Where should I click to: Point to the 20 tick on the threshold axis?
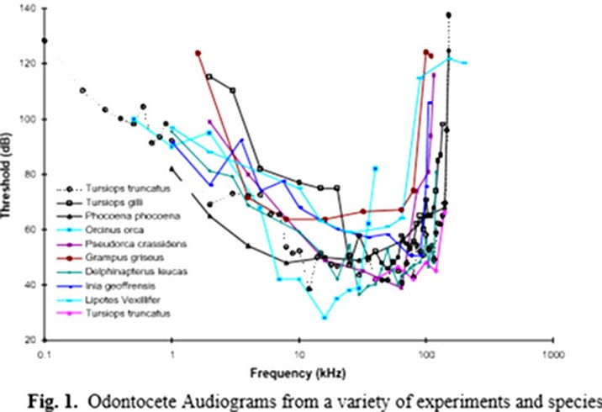(x=30, y=341)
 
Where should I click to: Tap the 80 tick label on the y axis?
(x=30, y=174)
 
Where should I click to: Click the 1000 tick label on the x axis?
(x=552, y=353)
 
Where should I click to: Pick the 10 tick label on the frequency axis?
(x=298, y=353)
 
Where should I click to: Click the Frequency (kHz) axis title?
(x=298, y=371)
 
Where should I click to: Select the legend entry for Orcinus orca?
(x=117, y=229)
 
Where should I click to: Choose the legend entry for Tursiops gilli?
(x=118, y=202)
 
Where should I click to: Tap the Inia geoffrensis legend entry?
(x=123, y=285)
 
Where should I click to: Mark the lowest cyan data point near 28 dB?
(x=325, y=318)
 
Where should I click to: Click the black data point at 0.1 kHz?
(x=45, y=40)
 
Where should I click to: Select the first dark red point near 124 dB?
(x=198, y=53)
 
